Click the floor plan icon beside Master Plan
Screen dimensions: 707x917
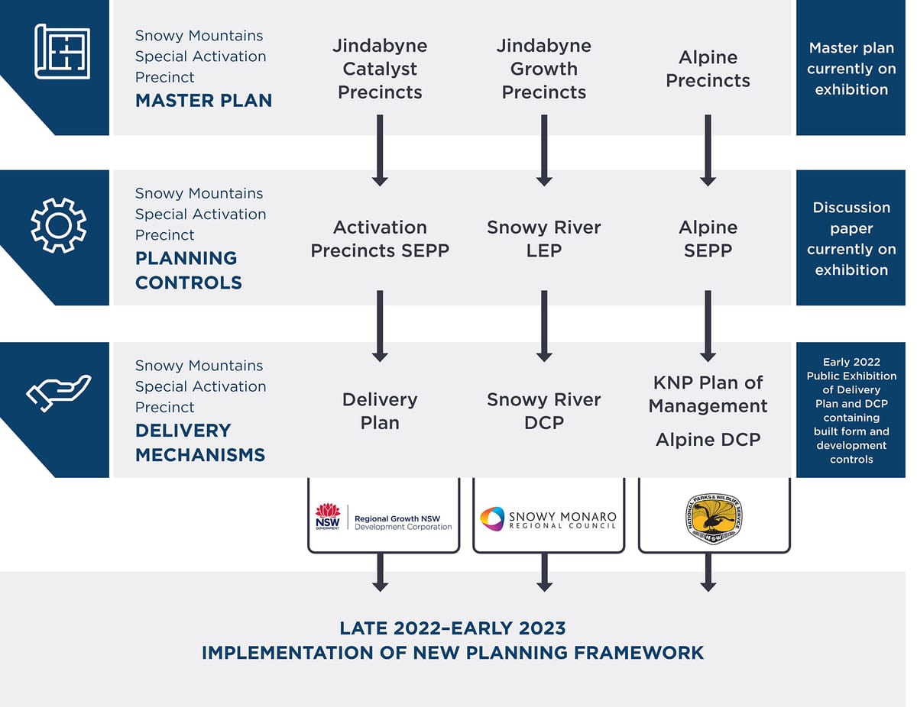[62, 51]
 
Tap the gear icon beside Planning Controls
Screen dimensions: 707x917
[58, 225]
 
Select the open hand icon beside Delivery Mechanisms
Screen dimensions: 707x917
[59, 392]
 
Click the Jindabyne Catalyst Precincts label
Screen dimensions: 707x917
[380, 69]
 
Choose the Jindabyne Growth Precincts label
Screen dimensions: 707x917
[543, 69]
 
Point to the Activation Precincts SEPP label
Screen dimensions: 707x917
[380, 238]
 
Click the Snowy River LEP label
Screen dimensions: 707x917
[543, 238]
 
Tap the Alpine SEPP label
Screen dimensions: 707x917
[708, 238]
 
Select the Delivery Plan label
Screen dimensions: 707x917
[380, 411]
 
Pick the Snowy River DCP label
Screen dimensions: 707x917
[543, 411]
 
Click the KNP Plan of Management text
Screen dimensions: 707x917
[708, 394]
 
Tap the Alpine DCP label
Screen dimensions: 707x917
[708, 439]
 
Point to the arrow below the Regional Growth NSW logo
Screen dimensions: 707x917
[380, 572]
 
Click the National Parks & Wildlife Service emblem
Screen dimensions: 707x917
[713, 518]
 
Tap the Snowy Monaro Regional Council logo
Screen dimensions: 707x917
[548, 519]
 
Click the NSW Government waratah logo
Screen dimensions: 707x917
[328, 517]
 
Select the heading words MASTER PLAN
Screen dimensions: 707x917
[203, 100]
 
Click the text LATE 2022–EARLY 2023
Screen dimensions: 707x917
[452, 628]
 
